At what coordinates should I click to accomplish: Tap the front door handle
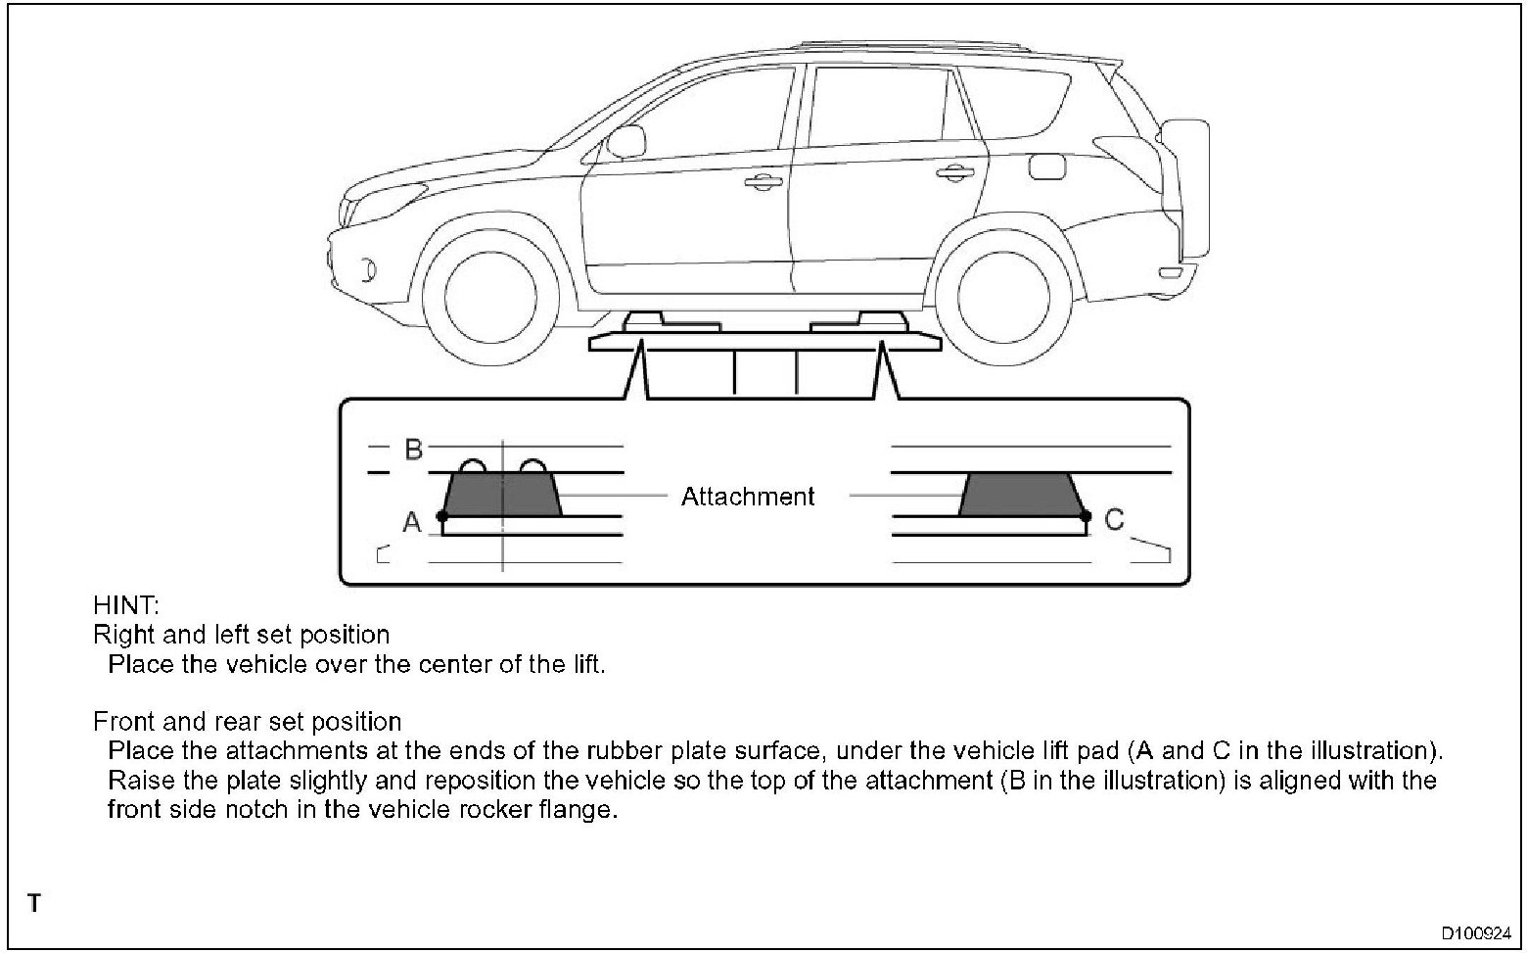(761, 181)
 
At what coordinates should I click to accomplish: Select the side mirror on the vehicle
(622, 144)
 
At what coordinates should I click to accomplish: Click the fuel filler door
(1047, 166)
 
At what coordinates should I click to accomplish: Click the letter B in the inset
(413, 450)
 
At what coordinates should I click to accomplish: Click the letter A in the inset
(412, 523)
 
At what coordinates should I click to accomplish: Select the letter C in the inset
(1114, 519)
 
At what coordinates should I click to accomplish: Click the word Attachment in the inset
(748, 497)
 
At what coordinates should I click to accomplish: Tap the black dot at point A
(442, 515)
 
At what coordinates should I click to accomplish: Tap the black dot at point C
(1085, 515)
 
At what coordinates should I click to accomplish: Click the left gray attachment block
(502, 495)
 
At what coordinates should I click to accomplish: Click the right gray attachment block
(1022, 495)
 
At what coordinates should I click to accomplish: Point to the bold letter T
(34, 903)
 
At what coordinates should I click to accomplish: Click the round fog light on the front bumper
(366, 267)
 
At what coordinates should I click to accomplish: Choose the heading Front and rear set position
(248, 722)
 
